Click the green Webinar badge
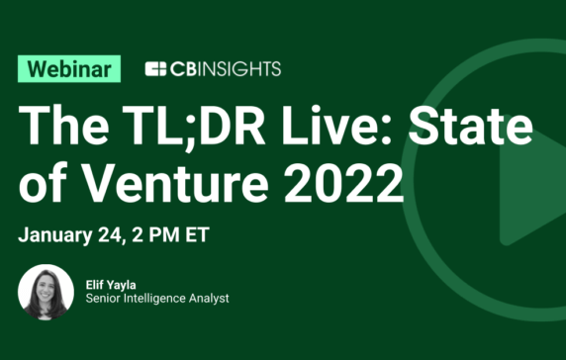(69, 68)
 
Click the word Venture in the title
(181, 183)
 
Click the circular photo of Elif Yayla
(46, 292)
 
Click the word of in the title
(42, 183)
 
